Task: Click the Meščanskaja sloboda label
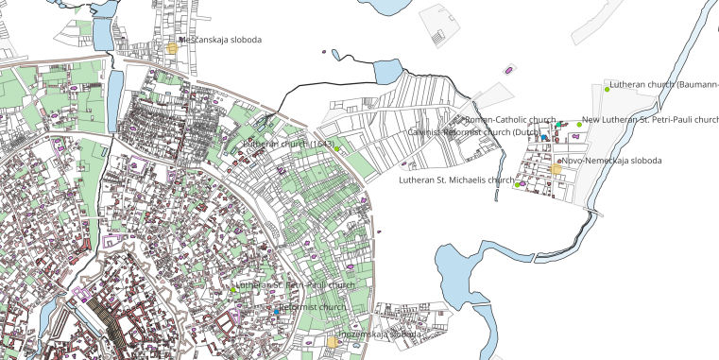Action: [220, 41]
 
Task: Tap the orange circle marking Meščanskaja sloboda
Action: [172, 47]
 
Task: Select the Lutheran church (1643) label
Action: [288, 144]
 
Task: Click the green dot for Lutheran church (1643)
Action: [336, 148]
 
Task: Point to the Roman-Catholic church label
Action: [510, 120]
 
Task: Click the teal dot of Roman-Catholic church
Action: [559, 125]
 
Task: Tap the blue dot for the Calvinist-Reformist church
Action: [545, 138]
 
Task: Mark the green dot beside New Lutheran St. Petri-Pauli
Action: [579, 125]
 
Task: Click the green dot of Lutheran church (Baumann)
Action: [608, 90]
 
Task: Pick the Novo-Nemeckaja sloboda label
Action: [611, 161]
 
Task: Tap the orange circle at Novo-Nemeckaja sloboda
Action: [556, 169]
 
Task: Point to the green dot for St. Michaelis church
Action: [518, 184]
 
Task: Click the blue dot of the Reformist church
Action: [277, 311]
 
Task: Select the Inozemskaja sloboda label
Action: [382, 334]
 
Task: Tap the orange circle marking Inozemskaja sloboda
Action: [333, 342]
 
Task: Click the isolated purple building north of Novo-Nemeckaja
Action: [509, 69]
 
